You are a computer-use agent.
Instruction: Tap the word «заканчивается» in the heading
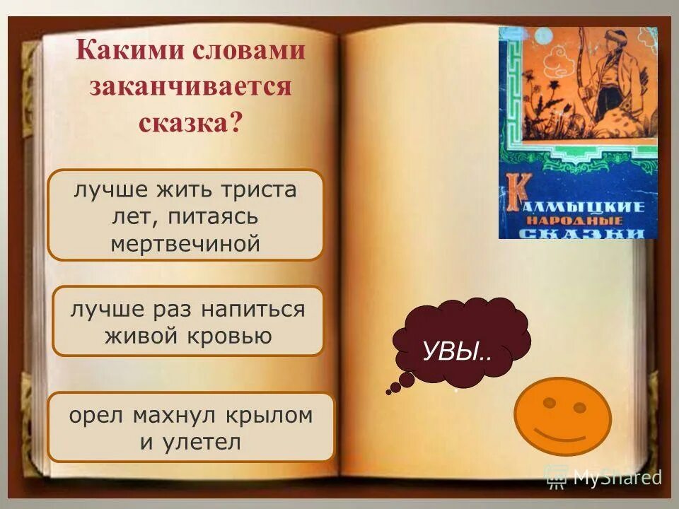[x=190, y=87]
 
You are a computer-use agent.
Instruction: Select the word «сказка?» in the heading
[x=190, y=123]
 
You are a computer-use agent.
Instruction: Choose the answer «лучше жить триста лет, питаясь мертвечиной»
[x=185, y=215]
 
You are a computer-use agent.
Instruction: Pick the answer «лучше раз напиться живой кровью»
[x=188, y=322]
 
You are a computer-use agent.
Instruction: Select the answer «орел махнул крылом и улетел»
[x=190, y=428]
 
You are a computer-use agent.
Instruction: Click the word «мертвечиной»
[x=186, y=244]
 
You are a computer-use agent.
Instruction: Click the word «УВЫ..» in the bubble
[x=458, y=351]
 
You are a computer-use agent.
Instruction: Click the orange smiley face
[x=562, y=416]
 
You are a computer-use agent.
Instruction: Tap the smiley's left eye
[x=548, y=402]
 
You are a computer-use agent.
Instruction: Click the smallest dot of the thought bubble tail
[x=388, y=391]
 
